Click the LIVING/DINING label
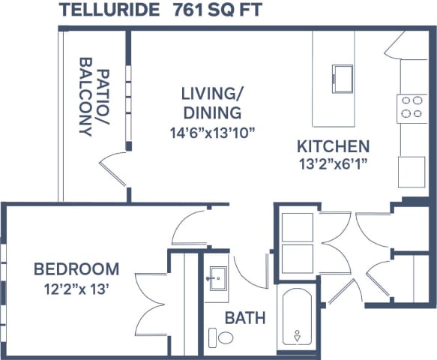(211, 103)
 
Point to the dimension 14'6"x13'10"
(213, 133)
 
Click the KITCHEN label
(332, 146)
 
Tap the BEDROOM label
(76, 268)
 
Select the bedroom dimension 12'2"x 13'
(76, 287)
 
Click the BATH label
(246, 318)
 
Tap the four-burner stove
(411, 106)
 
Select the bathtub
(298, 319)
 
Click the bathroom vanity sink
(218, 278)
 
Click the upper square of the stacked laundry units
(298, 226)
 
